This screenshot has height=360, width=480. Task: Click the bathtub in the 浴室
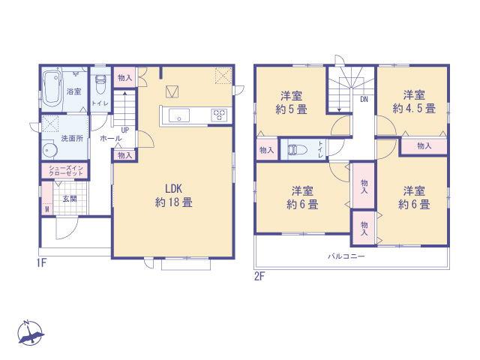point(53,88)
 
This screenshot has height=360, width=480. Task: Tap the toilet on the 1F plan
point(100,81)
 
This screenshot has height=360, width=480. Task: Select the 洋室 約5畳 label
point(292,102)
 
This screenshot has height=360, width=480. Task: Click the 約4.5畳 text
point(414,109)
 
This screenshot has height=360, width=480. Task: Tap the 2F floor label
point(259,276)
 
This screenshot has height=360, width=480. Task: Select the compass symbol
point(29,333)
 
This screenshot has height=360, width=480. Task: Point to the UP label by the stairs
point(124,130)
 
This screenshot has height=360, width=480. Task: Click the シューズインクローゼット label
point(64,170)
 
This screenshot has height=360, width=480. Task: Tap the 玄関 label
point(69,199)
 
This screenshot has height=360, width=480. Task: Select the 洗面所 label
point(73,139)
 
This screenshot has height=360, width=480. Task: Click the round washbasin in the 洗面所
point(46,148)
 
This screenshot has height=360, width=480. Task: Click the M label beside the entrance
point(46,209)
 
